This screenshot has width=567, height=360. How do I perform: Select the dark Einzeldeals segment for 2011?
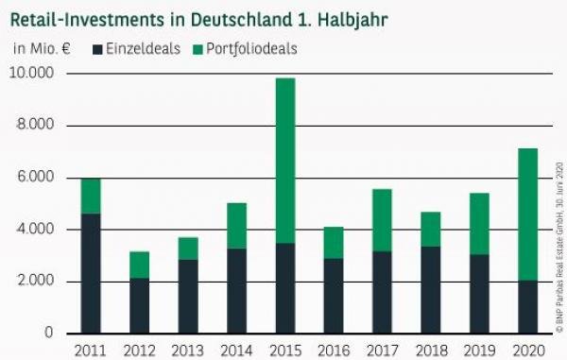(90, 274)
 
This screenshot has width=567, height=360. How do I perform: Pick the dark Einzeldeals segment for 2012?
(140, 306)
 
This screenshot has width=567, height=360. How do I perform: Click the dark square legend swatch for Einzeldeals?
(99, 48)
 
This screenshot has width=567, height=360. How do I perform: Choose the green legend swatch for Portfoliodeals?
(197, 48)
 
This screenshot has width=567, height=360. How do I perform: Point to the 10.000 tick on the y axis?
(33, 73)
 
